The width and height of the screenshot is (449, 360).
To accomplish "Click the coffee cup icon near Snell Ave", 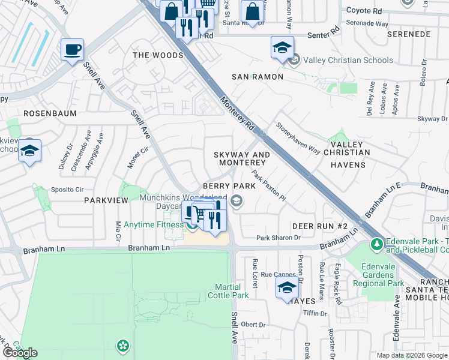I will click(x=73, y=50).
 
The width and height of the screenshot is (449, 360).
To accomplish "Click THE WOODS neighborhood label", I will click(x=158, y=55).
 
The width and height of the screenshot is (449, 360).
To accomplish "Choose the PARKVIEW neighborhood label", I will click(x=106, y=200).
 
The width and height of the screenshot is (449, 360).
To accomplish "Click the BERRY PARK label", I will click(x=229, y=187).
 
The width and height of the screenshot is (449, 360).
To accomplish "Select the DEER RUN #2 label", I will click(x=320, y=226).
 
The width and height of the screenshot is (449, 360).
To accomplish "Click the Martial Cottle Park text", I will click(x=228, y=291).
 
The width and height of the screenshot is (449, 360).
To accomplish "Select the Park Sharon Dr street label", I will click(x=278, y=238).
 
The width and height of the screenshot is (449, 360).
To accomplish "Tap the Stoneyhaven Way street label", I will click(x=298, y=139).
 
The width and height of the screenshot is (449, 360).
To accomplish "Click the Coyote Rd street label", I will click(x=364, y=11).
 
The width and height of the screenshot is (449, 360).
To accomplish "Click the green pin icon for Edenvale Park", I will click(x=376, y=245).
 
